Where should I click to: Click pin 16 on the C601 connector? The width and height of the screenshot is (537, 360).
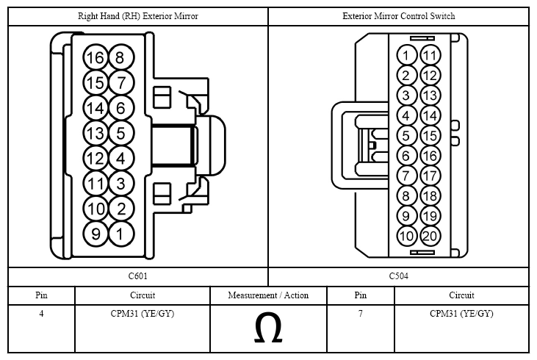click(x=95, y=57)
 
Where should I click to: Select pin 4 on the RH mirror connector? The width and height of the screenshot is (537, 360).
click(x=121, y=158)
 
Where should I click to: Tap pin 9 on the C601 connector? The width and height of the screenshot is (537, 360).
click(x=95, y=234)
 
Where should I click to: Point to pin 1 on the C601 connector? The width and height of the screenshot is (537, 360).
click(x=121, y=234)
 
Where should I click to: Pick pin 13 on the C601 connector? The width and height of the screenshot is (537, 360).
click(x=95, y=133)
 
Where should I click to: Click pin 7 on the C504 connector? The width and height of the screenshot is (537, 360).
click(x=406, y=176)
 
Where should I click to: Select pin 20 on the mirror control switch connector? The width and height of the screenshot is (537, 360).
click(x=430, y=236)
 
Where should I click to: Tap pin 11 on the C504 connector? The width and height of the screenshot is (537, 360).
click(x=430, y=55)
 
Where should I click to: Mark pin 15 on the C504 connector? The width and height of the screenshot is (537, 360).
click(x=430, y=136)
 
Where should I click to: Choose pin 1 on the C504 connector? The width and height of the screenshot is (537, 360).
click(x=406, y=55)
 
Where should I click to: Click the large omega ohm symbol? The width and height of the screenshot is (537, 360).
click(x=268, y=328)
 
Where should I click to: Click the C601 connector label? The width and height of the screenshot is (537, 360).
click(x=138, y=276)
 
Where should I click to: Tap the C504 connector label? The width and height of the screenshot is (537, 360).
click(x=399, y=276)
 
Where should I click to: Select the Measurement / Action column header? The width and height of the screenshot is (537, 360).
click(x=268, y=295)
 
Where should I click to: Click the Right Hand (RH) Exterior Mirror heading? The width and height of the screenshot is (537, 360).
click(x=138, y=16)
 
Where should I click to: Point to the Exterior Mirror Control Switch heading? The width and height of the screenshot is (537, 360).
click(x=399, y=16)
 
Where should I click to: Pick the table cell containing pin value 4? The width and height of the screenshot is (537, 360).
click(x=41, y=328)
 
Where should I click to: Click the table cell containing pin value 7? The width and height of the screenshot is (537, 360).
click(x=361, y=328)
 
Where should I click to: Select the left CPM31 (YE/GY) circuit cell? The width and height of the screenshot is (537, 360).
click(x=143, y=328)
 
